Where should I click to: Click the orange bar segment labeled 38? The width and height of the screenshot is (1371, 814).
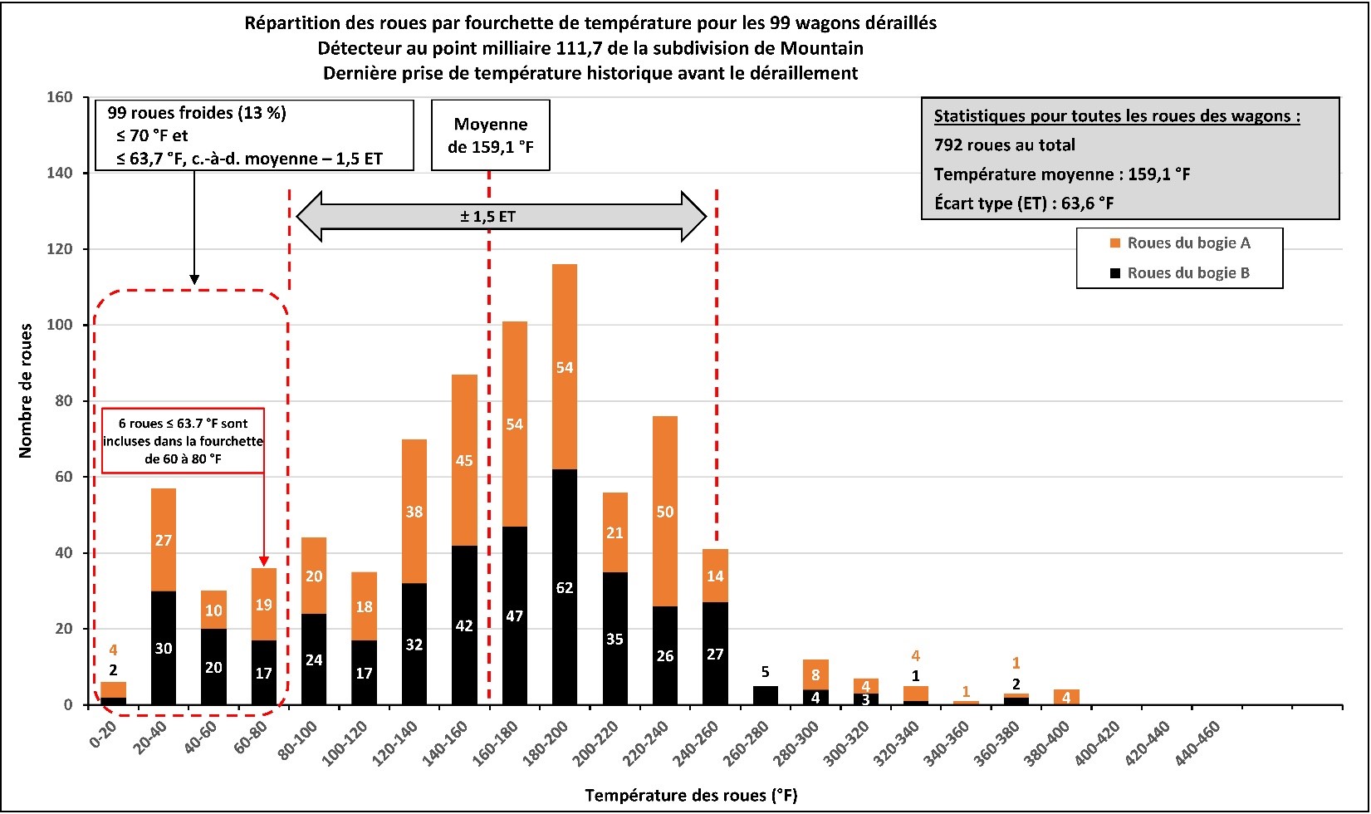click(414, 512)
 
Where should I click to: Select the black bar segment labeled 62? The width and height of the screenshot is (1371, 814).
click(565, 586)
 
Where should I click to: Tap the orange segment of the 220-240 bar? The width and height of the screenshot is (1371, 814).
click(664, 511)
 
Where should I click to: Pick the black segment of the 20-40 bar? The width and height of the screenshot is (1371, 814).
click(164, 648)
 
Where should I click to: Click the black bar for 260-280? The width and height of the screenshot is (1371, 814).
click(765, 695)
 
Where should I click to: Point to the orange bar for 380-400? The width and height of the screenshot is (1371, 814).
click(1066, 697)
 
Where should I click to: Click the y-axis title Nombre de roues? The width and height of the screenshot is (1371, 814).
click(25, 390)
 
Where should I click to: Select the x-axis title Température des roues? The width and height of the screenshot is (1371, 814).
click(691, 795)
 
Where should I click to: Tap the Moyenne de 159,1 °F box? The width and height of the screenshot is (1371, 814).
click(490, 135)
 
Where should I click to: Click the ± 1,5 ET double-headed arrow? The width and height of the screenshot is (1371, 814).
click(502, 217)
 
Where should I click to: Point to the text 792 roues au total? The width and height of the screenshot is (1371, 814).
click(1004, 145)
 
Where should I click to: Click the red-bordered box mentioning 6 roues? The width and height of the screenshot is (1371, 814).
click(183, 440)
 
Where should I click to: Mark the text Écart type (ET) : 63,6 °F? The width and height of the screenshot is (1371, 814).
click(1024, 203)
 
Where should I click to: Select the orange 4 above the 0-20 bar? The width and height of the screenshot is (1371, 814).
click(113, 650)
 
